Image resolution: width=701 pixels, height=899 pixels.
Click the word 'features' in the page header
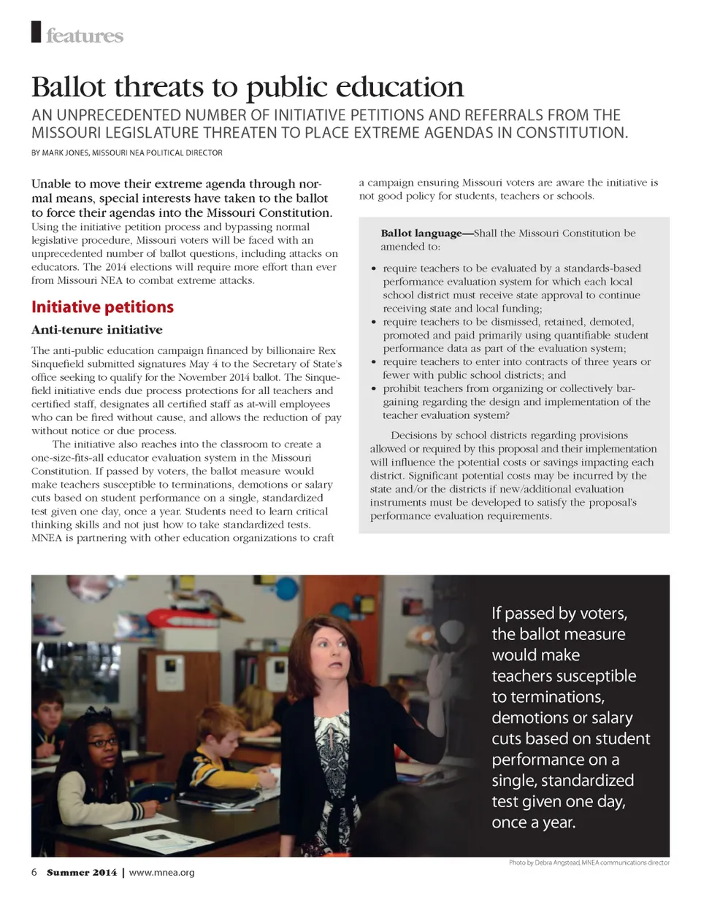85,36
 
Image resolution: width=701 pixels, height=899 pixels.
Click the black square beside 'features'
35,33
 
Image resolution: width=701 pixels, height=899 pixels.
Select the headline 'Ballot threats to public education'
248,88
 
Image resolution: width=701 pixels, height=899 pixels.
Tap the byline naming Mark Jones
126,153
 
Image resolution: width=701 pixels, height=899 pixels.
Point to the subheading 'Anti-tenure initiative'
96,329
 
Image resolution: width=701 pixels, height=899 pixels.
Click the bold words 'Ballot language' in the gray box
426,234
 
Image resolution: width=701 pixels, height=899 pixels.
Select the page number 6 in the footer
34,872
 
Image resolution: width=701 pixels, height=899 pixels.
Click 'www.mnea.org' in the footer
161,873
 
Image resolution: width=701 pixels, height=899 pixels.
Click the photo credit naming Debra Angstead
589,863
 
